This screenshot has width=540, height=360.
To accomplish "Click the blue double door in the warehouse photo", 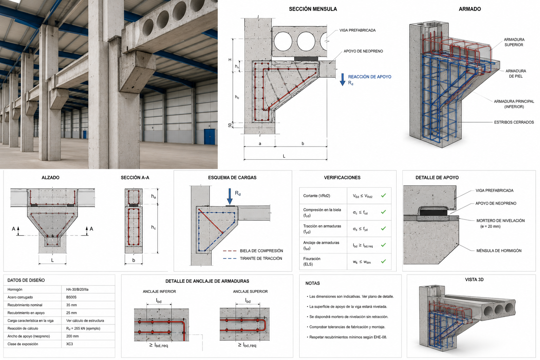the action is (x=209, y=137).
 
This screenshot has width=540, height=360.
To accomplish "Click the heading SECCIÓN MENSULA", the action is (x=313, y=9).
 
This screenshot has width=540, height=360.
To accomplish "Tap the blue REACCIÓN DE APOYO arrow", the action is (x=342, y=80).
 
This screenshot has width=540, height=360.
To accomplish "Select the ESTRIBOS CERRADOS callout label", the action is (x=514, y=122).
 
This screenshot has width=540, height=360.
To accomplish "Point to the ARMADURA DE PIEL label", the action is (x=516, y=73).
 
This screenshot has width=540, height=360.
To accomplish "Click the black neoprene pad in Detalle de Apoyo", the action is (x=433, y=212).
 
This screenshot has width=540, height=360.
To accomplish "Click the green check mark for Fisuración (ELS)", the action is (x=383, y=261).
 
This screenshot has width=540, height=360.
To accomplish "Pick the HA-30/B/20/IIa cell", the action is (x=77, y=289).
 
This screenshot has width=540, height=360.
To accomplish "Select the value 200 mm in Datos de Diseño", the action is (x=72, y=336).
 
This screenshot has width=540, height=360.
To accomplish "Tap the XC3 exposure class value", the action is (x=69, y=344).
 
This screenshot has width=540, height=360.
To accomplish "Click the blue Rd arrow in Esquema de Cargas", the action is (x=230, y=197).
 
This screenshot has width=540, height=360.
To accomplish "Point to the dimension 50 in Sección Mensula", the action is (x=230, y=126).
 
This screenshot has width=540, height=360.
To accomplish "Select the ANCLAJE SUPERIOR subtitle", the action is (x=250, y=291).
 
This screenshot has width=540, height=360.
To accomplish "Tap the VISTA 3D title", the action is (x=474, y=280).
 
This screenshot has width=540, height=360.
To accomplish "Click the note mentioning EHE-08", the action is (x=348, y=337).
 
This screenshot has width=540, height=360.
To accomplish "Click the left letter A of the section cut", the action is (x=13, y=229).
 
